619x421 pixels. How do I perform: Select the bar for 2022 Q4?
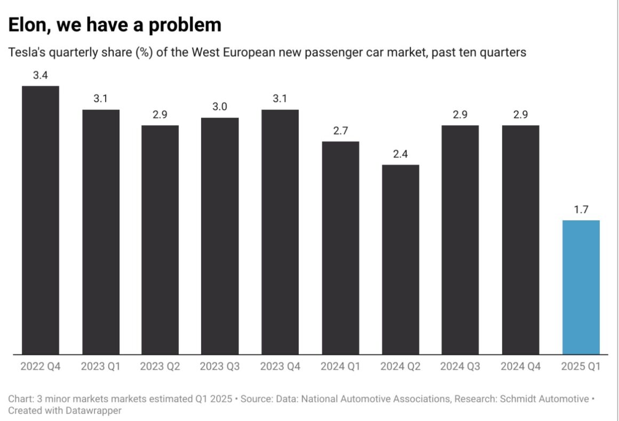coord(40,220)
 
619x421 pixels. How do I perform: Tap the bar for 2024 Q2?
coord(400,259)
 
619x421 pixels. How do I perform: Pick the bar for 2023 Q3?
coord(220,236)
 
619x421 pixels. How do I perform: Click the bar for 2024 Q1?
coord(340,248)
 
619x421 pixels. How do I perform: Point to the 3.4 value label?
coord(40,76)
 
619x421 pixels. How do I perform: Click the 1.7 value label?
coord(581,210)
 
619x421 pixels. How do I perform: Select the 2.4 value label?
coord(400,154)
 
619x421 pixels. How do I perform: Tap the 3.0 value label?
coord(220,107)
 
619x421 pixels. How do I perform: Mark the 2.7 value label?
coord(340,131)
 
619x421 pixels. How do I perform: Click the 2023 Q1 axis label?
coord(100,367)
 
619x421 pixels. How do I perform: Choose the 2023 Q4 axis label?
coord(280,367)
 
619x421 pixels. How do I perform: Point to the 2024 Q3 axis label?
coord(460,367)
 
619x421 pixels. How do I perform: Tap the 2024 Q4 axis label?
coord(520,367)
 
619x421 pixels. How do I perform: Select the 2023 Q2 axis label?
coord(160,367)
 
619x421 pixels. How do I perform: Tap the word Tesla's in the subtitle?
coord(27,53)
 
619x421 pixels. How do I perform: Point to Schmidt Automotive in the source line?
coord(550,399)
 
